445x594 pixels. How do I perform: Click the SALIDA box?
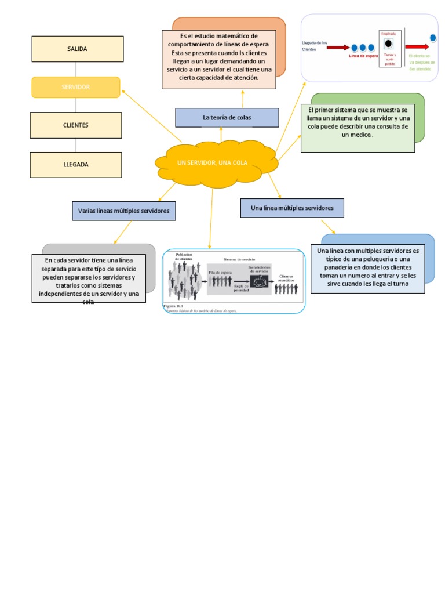click(x=77, y=49)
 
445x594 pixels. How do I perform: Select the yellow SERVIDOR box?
click(x=75, y=87)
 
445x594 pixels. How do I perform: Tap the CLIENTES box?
click(x=76, y=125)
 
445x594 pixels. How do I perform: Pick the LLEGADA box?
click(x=76, y=165)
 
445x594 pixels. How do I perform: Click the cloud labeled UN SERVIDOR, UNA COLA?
click(x=212, y=163)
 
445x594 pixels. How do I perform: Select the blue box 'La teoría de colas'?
click(x=227, y=118)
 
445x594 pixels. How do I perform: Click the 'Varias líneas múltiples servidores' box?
click(x=124, y=211)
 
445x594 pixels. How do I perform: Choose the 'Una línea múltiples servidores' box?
click(x=292, y=208)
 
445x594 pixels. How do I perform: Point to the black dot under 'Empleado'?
click(x=388, y=44)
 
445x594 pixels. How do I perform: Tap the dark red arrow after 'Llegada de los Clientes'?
click(x=338, y=48)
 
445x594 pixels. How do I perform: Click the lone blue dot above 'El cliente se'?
click(x=432, y=38)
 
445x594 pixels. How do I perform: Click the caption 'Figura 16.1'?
click(x=173, y=305)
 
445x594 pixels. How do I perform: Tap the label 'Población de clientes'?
click(x=184, y=256)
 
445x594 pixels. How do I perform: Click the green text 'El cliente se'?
click(x=420, y=56)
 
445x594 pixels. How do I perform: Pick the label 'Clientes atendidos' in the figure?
click(x=286, y=278)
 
